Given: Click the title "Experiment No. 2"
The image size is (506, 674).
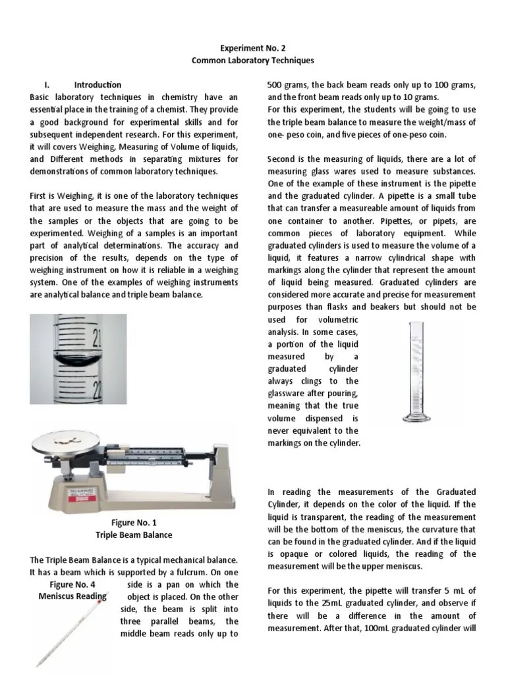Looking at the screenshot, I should click(x=253, y=48).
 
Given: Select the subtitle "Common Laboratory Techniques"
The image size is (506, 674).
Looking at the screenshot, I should click(x=253, y=60).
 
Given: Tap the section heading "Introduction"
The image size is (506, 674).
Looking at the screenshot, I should click(x=98, y=85).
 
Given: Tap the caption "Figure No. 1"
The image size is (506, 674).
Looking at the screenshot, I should click(x=134, y=523).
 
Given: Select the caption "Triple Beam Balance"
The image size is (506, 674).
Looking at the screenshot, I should click(x=134, y=535).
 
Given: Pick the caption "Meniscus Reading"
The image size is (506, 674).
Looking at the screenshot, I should click(x=72, y=596).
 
